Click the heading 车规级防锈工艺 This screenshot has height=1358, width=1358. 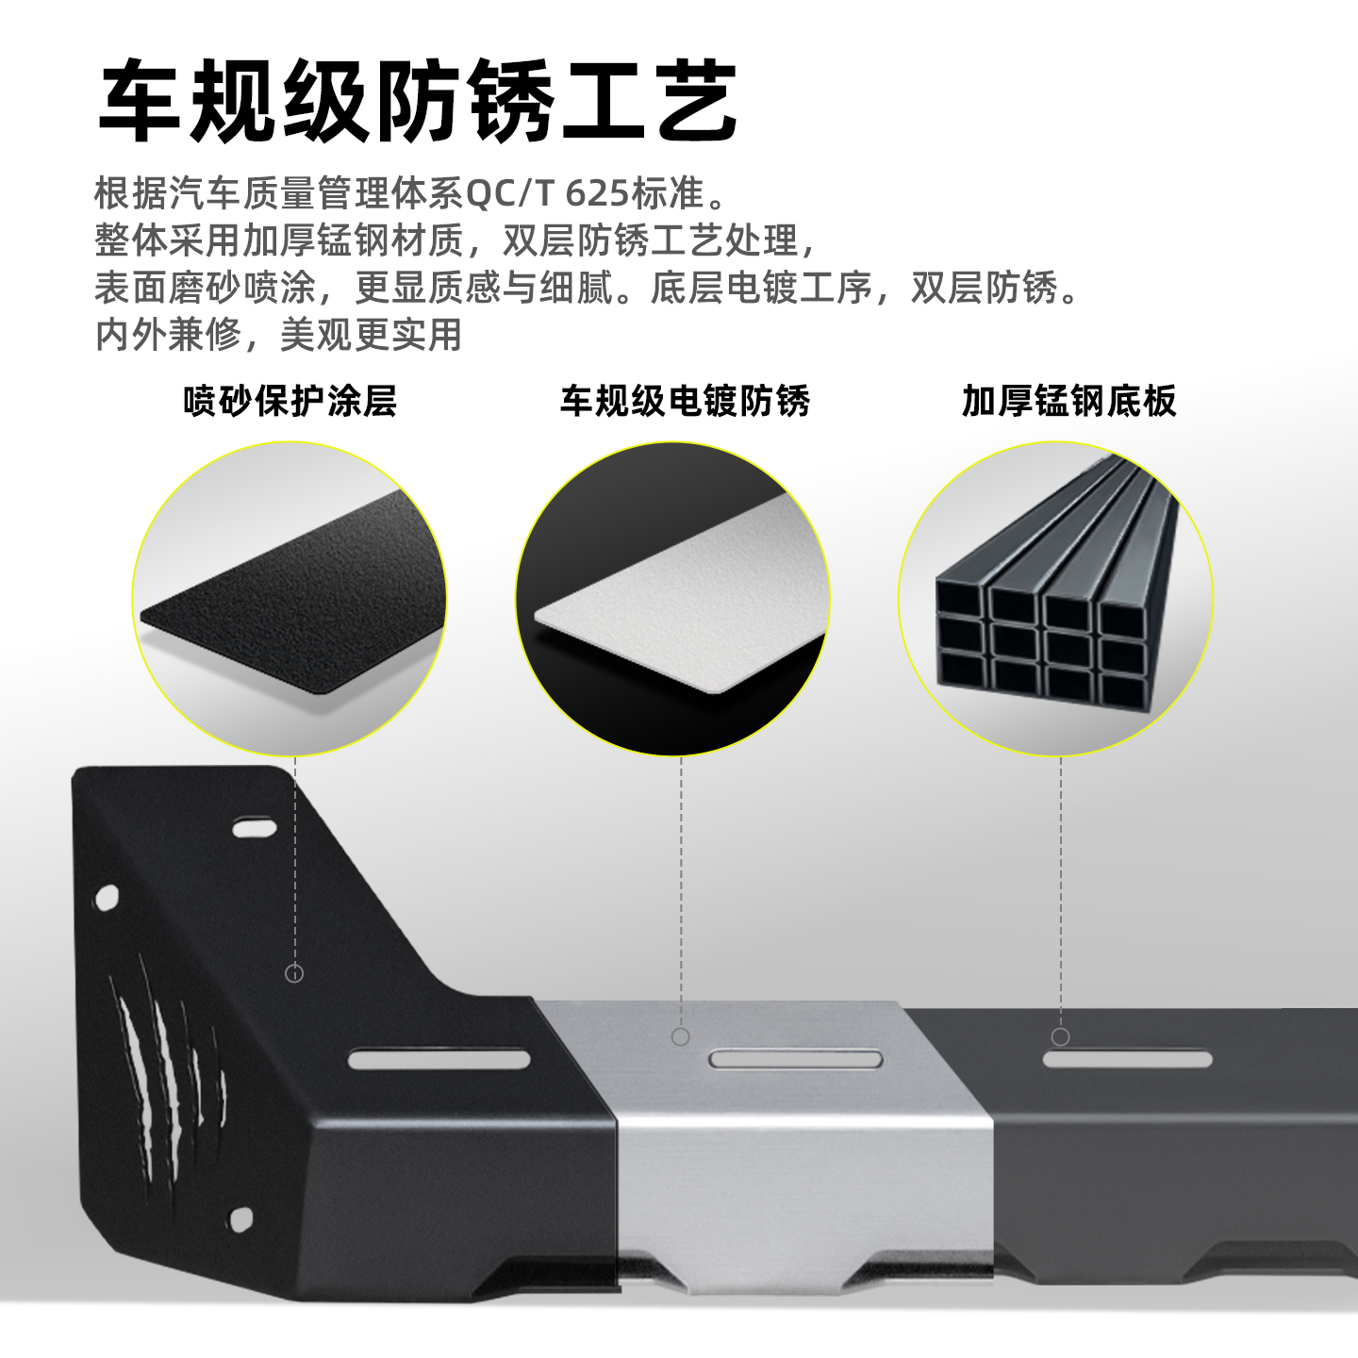pyautogui.click(x=418, y=102)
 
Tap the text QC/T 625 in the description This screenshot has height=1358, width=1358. pyautogui.click(x=547, y=193)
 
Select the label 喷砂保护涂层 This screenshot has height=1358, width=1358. pyautogui.click(x=290, y=401)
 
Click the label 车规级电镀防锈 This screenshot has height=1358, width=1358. pyautogui.click(x=685, y=401)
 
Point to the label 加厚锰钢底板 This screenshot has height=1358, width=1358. pyautogui.click(x=1068, y=401)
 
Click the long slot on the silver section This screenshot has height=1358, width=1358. pyautogui.click(x=797, y=1059)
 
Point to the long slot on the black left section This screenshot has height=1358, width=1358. pyautogui.click(x=439, y=1059)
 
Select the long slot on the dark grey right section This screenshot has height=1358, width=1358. pyautogui.click(x=1127, y=1059)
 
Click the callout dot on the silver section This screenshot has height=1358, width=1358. pyautogui.click(x=680, y=1037)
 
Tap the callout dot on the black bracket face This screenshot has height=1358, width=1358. pyautogui.click(x=294, y=973)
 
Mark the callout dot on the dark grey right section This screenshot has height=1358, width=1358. pyautogui.click(x=1061, y=1037)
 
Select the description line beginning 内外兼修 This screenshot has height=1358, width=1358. pyautogui.click(x=279, y=335)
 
